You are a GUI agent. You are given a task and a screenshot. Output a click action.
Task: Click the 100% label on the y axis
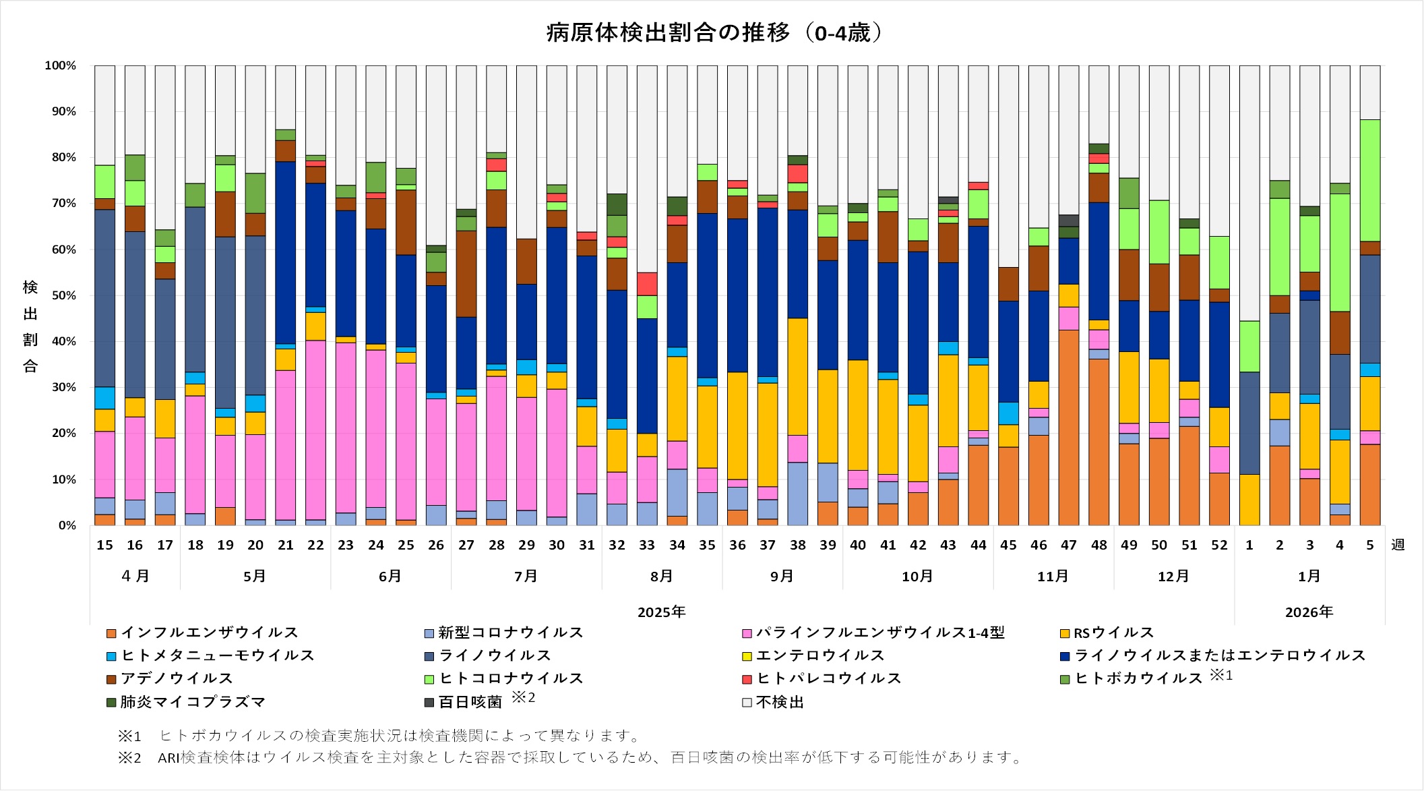point(61,65)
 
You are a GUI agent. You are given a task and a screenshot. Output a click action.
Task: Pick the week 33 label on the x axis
point(647,545)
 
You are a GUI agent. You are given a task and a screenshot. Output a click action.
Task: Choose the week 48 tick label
point(1099,545)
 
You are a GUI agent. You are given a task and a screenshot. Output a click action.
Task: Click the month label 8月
point(662,577)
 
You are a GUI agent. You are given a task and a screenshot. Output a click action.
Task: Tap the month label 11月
point(1053,577)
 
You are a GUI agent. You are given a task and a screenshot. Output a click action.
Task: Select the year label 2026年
point(1309,612)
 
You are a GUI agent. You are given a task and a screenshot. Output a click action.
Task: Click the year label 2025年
point(662,612)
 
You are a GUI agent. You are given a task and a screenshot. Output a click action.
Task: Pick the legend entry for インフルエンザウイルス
point(209,633)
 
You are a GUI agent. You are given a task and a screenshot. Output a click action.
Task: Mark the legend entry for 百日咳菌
point(470,702)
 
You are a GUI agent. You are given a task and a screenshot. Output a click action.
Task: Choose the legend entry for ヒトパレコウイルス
point(829,678)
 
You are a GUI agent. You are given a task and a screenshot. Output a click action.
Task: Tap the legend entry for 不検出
point(780,702)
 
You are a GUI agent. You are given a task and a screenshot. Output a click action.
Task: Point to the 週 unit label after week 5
point(1398,545)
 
